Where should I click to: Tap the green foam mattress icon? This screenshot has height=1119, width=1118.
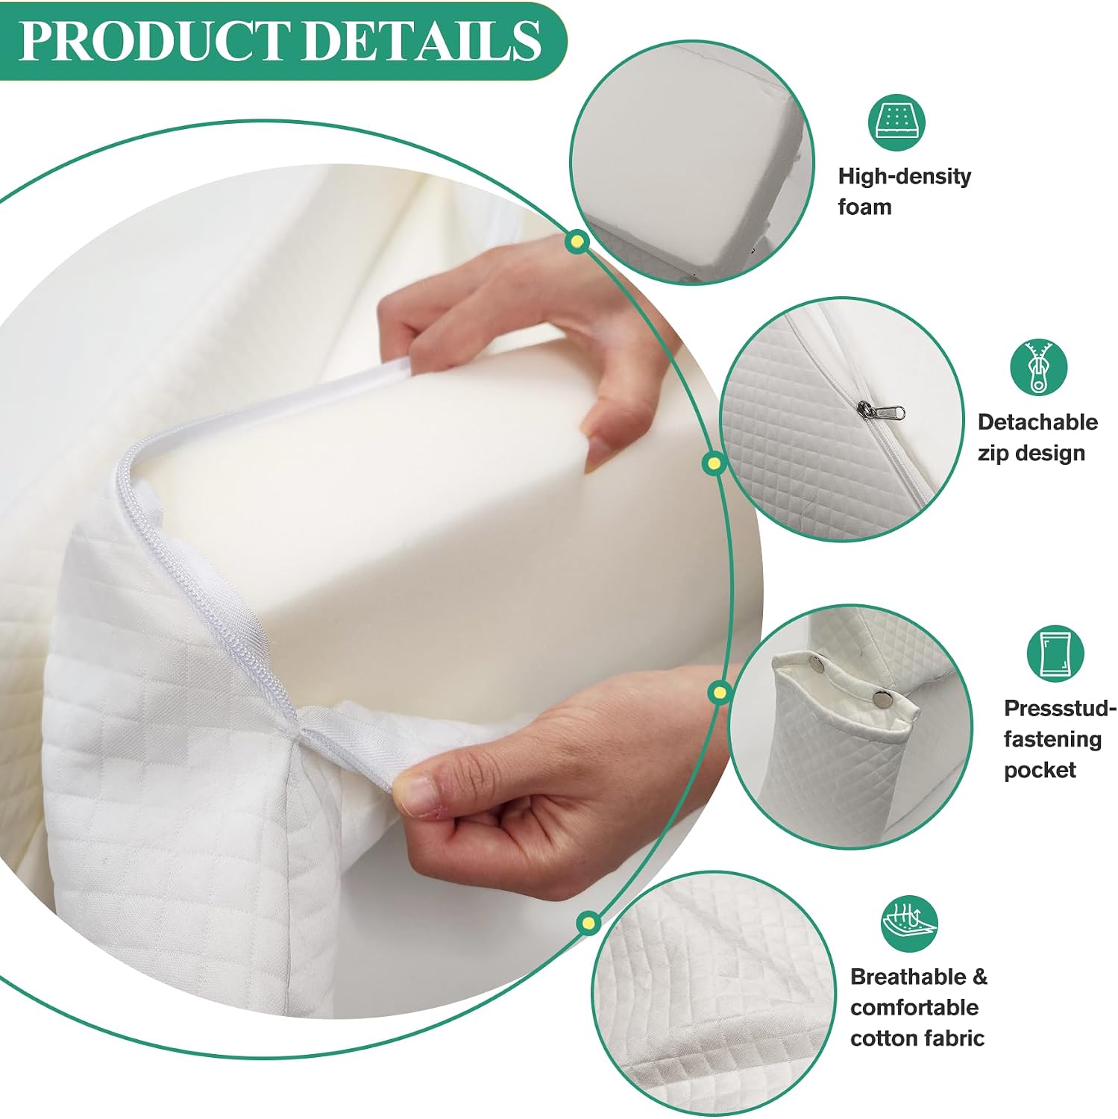(x=896, y=122)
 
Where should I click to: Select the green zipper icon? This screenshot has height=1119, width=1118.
(x=1038, y=368)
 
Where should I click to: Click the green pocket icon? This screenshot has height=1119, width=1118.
(x=1055, y=653)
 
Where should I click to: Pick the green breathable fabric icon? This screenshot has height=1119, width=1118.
(x=909, y=924)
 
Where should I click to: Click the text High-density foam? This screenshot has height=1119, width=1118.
(x=904, y=191)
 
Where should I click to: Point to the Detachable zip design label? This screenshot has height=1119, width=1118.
(x=1037, y=437)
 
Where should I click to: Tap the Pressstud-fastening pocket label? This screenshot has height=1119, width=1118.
(x=1060, y=739)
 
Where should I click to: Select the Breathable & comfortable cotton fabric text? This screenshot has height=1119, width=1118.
(x=918, y=1007)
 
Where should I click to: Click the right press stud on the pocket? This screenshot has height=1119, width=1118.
(x=885, y=699)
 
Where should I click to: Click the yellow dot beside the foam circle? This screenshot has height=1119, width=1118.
(x=576, y=241)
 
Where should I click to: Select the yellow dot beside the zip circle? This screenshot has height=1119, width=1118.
(x=715, y=463)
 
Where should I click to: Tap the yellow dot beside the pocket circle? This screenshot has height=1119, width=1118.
(x=719, y=693)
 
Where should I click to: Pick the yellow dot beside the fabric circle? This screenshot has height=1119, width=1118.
(x=589, y=923)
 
